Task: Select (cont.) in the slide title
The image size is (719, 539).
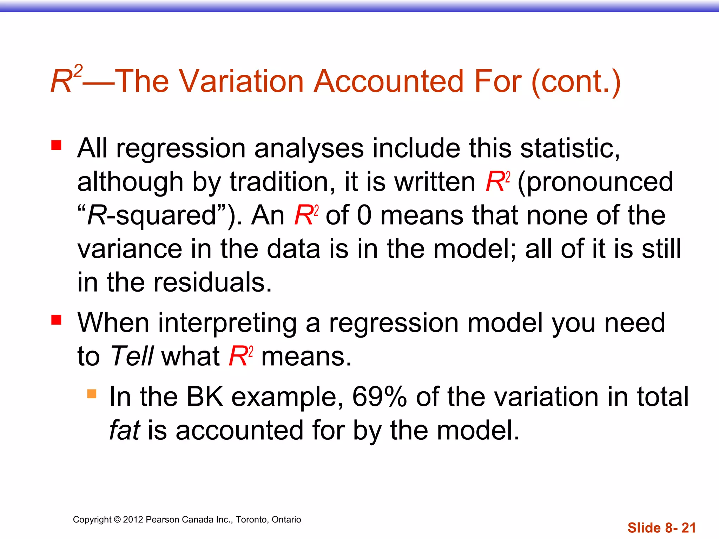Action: (576, 81)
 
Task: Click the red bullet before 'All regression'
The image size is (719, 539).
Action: (56, 145)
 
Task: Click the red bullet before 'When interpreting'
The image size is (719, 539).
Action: (56, 320)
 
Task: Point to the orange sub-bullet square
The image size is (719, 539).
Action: (92, 394)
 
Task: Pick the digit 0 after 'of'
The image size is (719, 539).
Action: (364, 215)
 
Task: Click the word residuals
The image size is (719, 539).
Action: (212, 282)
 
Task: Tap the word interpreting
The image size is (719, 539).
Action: (227, 323)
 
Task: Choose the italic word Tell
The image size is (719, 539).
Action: (132, 356)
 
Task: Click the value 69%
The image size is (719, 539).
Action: (380, 397)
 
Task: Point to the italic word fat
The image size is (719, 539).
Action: (125, 430)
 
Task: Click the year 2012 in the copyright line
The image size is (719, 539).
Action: (133, 520)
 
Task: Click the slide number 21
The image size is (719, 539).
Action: (688, 528)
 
